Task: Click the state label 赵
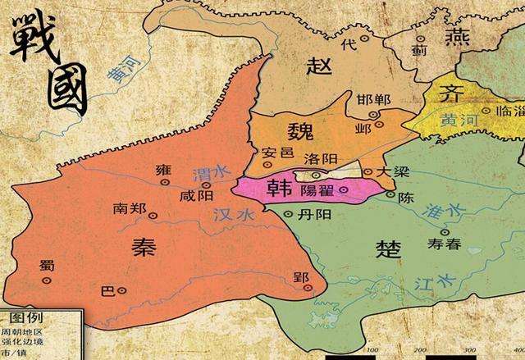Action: pyautogui.click(x=318, y=65)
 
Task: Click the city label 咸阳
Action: pyautogui.click(x=199, y=196)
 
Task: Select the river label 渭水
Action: pyautogui.click(x=200, y=175)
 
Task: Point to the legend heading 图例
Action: pyautogui.click(x=25, y=317)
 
